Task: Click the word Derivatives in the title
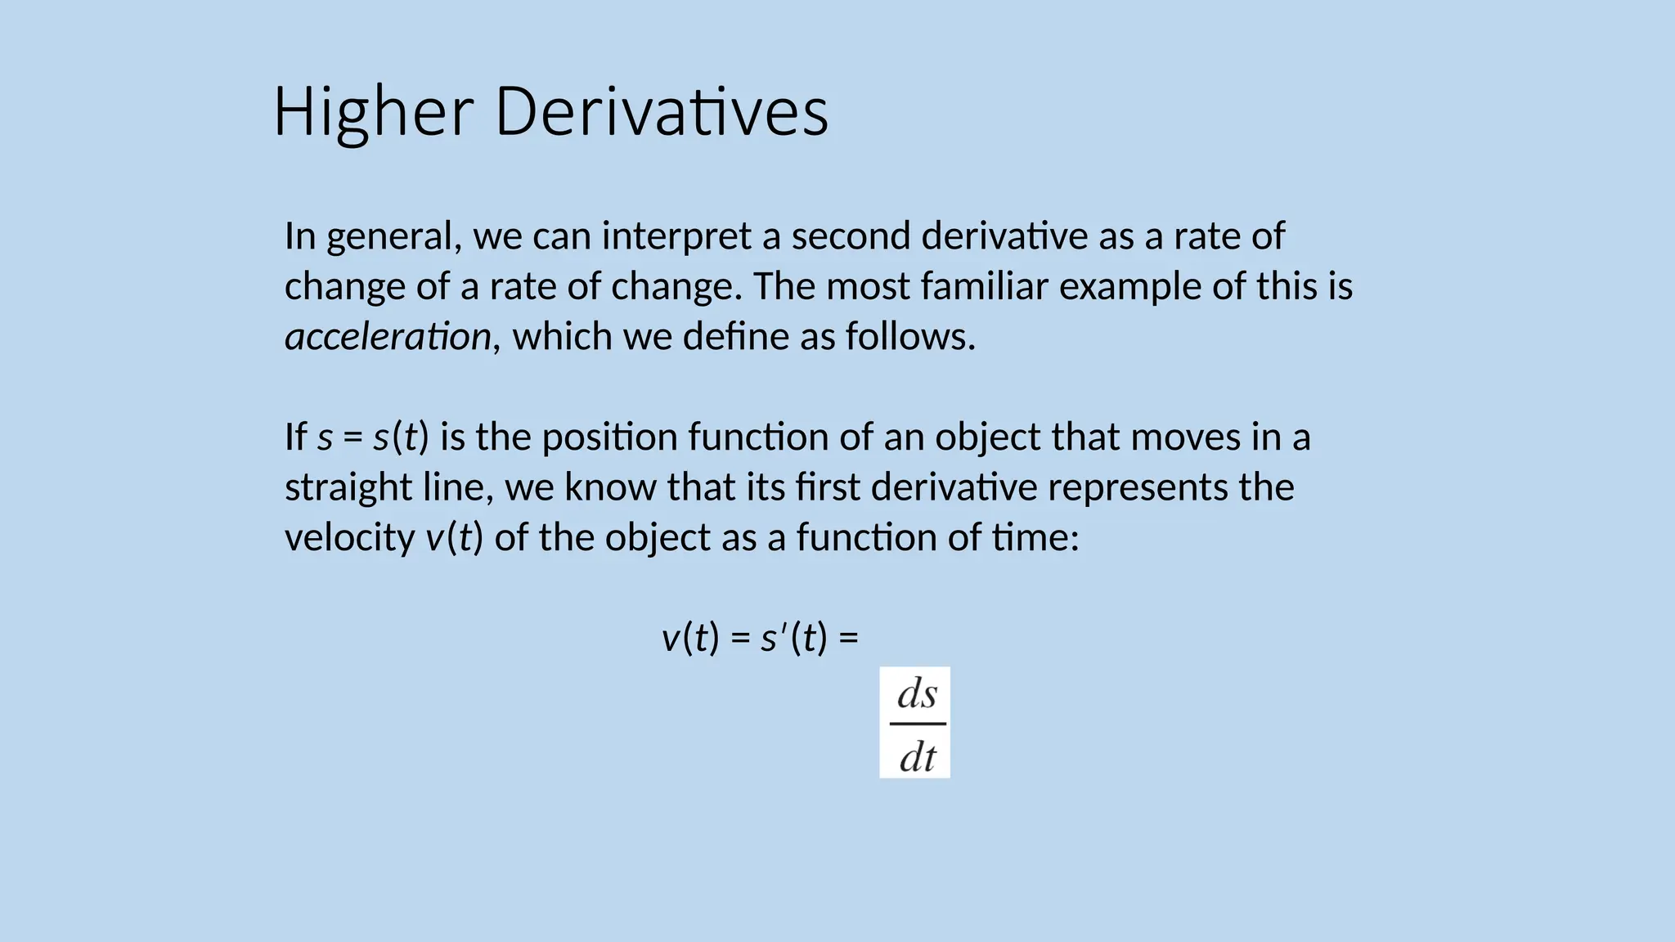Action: tap(662, 112)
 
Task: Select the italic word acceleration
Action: tap(388, 337)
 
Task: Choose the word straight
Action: tap(348, 487)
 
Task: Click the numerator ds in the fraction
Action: tap(917, 694)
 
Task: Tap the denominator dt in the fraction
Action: tap(917, 756)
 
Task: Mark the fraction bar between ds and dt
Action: tap(917, 724)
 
